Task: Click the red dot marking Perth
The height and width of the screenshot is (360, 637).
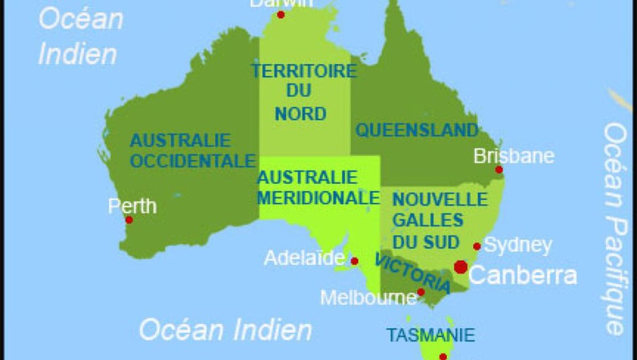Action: click(129, 220)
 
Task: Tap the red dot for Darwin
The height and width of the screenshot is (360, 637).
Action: click(280, 15)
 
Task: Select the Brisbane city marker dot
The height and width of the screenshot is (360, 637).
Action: click(498, 170)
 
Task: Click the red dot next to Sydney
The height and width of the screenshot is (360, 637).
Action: click(477, 246)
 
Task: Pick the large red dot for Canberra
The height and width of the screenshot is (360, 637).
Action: click(461, 267)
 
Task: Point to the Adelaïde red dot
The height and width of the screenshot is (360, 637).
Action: click(354, 262)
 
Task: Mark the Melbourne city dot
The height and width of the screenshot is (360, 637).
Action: click(421, 292)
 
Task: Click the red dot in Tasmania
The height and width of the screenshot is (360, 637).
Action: click(443, 357)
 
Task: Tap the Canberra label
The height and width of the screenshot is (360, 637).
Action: click(522, 275)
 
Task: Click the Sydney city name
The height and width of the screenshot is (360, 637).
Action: click(517, 245)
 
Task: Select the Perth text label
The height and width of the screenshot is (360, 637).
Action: click(132, 205)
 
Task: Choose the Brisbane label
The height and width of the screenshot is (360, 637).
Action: click(514, 156)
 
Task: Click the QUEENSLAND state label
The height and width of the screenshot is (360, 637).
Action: click(416, 130)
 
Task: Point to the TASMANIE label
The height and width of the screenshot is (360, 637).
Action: click(430, 335)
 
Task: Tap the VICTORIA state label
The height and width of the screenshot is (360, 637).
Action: click(412, 273)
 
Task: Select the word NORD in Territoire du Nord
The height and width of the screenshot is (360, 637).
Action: click(300, 114)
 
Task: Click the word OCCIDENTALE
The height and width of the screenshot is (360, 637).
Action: click(193, 161)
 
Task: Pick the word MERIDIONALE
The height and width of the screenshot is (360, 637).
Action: click(318, 198)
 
